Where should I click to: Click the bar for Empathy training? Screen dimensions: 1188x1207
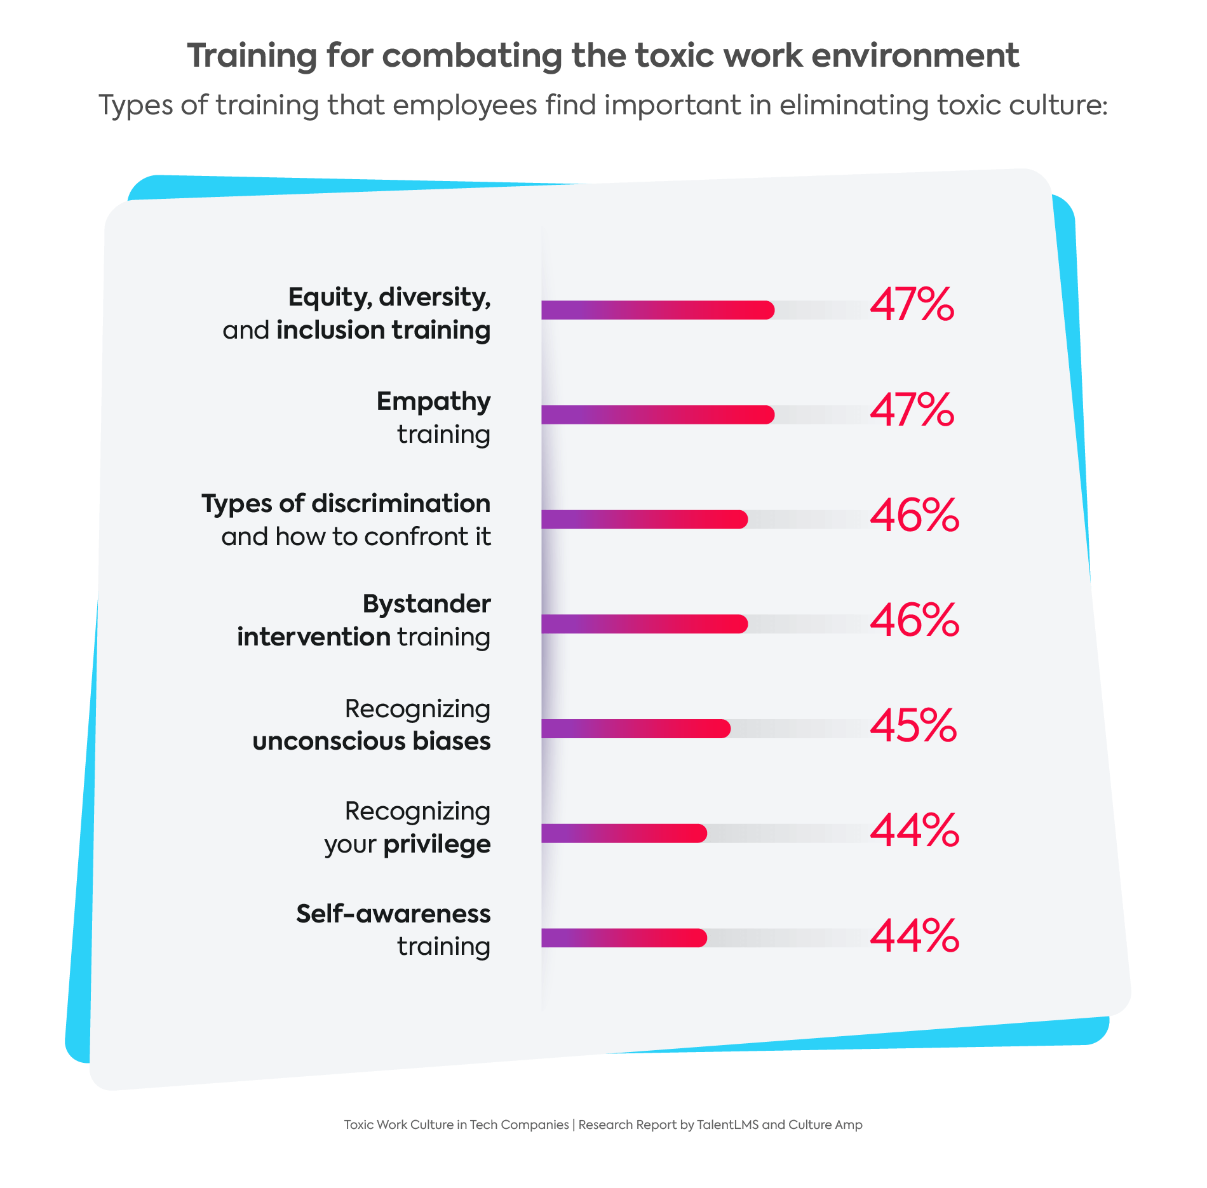tap(657, 415)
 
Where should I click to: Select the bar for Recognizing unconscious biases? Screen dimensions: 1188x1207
tap(635, 729)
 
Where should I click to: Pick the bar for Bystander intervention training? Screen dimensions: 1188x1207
tap(644, 624)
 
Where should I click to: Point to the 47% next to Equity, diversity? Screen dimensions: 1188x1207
tap(912, 305)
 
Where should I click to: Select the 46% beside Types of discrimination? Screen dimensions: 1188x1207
tap(914, 515)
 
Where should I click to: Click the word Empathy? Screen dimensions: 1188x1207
tap(433, 402)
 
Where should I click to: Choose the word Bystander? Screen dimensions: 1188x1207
tap(426, 604)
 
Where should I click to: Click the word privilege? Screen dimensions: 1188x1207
tap(437, 845)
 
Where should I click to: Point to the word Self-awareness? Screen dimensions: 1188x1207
tap(393, 914)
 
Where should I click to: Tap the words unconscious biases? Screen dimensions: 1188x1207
tap(372, 741)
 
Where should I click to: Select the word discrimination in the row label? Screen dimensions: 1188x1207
tap(401, 504)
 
